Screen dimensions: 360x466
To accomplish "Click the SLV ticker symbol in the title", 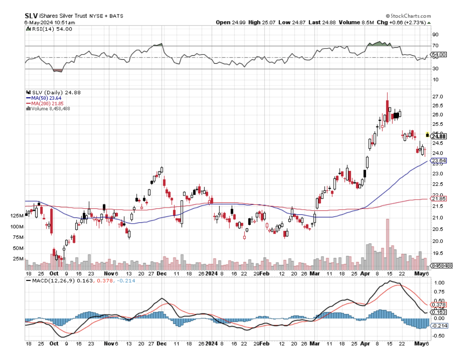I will click(x=31, y=16).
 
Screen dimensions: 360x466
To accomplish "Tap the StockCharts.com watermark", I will click(x=409, y=15).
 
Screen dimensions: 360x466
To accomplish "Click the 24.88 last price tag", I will click(x=439, y=136).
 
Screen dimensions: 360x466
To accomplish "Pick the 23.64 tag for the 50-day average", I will click(x=438, y=161).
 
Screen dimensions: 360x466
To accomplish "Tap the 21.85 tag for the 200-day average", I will click(x=438, y=198).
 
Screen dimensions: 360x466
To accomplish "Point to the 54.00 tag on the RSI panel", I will click(x=438, y=55).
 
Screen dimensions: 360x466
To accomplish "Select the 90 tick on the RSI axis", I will click(x=435, y=35).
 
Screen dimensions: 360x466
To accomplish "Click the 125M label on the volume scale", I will click(x=17, y=216).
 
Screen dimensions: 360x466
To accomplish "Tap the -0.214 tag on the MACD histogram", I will click(x=438, y=326).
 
